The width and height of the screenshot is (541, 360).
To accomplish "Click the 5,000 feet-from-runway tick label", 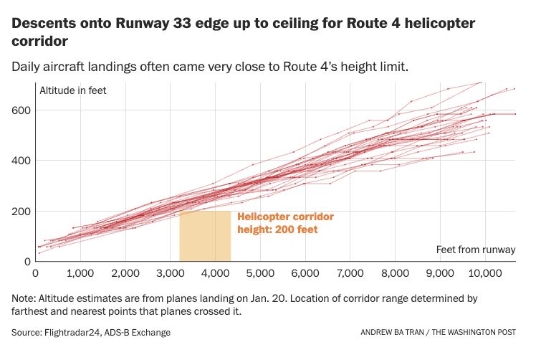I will point(260,273).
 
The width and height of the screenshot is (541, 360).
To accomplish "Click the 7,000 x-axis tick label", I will point(350,273).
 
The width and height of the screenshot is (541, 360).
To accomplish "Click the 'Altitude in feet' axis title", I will point(72,91).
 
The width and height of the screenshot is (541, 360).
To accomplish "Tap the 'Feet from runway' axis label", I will point(476,250).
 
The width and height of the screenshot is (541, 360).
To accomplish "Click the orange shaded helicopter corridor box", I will point(205,236).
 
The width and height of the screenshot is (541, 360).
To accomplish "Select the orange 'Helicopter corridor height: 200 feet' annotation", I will point(285,222).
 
